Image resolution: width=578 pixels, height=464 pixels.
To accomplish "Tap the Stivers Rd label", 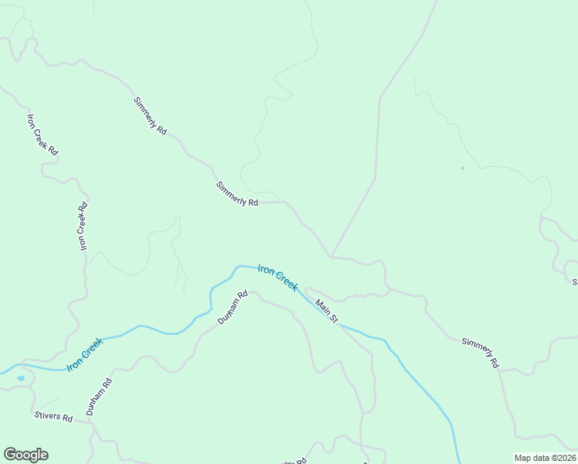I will [x=53, y=418].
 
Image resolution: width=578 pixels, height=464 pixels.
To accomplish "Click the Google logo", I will [x=25, y=455].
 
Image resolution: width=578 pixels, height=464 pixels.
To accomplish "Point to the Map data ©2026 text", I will [x=545, y=458].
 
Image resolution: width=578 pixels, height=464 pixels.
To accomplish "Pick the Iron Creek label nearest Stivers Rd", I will [x=85, y=354].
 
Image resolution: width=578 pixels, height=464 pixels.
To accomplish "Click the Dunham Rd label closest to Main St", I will [x=232, y=307].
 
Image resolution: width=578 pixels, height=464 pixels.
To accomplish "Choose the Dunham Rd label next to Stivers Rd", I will [x=100, y=397].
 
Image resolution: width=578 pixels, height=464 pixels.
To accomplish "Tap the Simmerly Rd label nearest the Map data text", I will [x=480, y=352].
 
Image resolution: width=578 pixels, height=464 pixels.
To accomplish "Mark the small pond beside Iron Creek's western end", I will [x=20, y=378].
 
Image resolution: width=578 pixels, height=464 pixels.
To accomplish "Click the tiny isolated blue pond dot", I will [x=463, y=168].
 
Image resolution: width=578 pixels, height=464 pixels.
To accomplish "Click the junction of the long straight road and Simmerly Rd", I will [x=331, y=255].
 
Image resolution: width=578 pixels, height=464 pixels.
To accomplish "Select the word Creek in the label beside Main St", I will [x=287, y=283].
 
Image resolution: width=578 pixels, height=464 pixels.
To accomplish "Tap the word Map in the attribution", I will [x=523, y=458].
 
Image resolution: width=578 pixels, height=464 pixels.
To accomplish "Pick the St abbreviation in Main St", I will [x=334, y=318].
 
